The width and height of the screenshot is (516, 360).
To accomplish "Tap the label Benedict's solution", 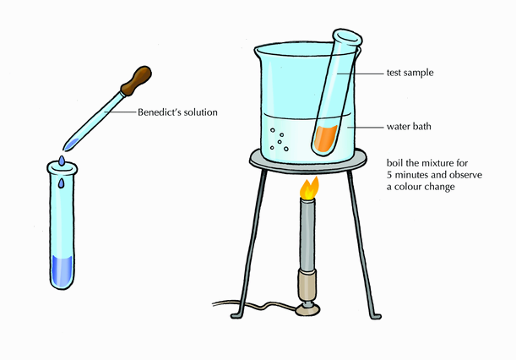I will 178,112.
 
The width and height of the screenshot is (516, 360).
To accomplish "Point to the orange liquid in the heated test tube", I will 325,137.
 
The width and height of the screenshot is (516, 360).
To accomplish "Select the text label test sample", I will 410,74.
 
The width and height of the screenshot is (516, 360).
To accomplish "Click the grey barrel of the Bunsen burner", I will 308,237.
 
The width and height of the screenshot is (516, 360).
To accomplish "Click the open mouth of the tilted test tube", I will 346,38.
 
